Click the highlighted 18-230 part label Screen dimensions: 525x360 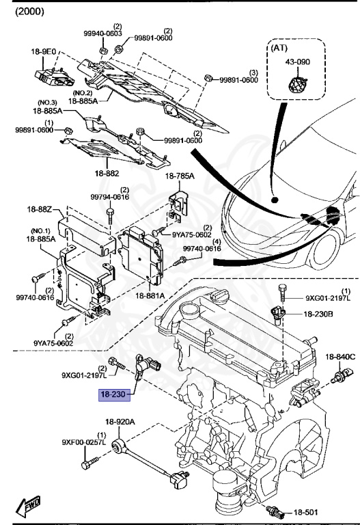point(113,394)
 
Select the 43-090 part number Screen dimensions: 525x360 point(297,62)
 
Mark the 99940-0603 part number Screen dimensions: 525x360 point(103,33)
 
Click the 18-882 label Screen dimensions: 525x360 point(107,174)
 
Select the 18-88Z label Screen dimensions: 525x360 point(40,209)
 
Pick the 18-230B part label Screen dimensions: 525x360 point(318,314)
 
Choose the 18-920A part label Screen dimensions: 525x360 point(120,422)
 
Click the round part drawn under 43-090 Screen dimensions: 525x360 point(296,85)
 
